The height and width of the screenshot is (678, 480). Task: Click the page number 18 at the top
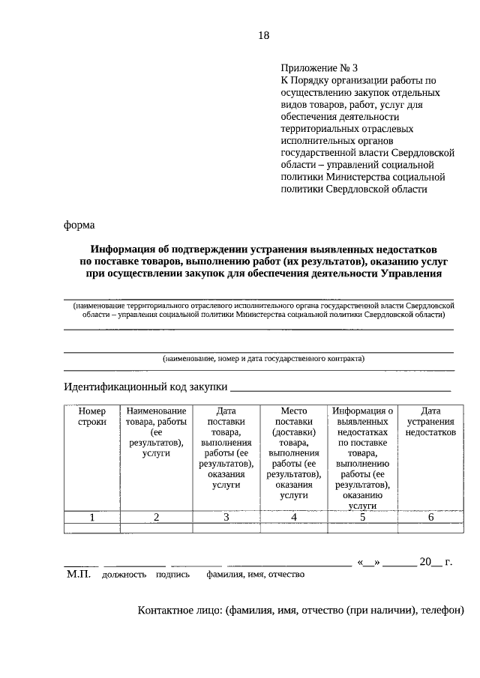pyautogui.click(x=263, y=35)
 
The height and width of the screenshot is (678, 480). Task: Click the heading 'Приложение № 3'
pyautogui.click(x=315, y=67)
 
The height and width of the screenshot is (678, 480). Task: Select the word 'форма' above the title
pyautogui.click(x=79, y=223)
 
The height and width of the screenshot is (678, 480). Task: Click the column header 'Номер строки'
pyautogui.click(x=92, y=417)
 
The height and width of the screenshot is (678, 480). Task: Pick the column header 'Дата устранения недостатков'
pyautogui.click(x=430, y=422)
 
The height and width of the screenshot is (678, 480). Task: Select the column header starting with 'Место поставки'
pyautogui.click(x=294, y=452)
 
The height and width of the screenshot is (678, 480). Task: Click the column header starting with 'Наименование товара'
pyautogui.click(x=156, y=432)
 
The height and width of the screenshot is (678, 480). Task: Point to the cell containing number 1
pyautogui.click(x=92, y=517)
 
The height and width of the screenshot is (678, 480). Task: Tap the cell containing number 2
pyautogui.click(x=156, y=517)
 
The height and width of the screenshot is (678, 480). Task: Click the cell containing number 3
pyautogui.click(x=226, y=517)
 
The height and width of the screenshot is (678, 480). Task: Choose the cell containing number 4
pyautogui.click(x=294, y=517)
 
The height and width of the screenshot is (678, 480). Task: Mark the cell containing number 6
pyautogui.click(x=430, y=517)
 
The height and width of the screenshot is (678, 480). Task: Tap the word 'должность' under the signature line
pyautogui.click(x=124, y=575)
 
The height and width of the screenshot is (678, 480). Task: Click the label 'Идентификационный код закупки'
pyautogui.click(x=145, y=387)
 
